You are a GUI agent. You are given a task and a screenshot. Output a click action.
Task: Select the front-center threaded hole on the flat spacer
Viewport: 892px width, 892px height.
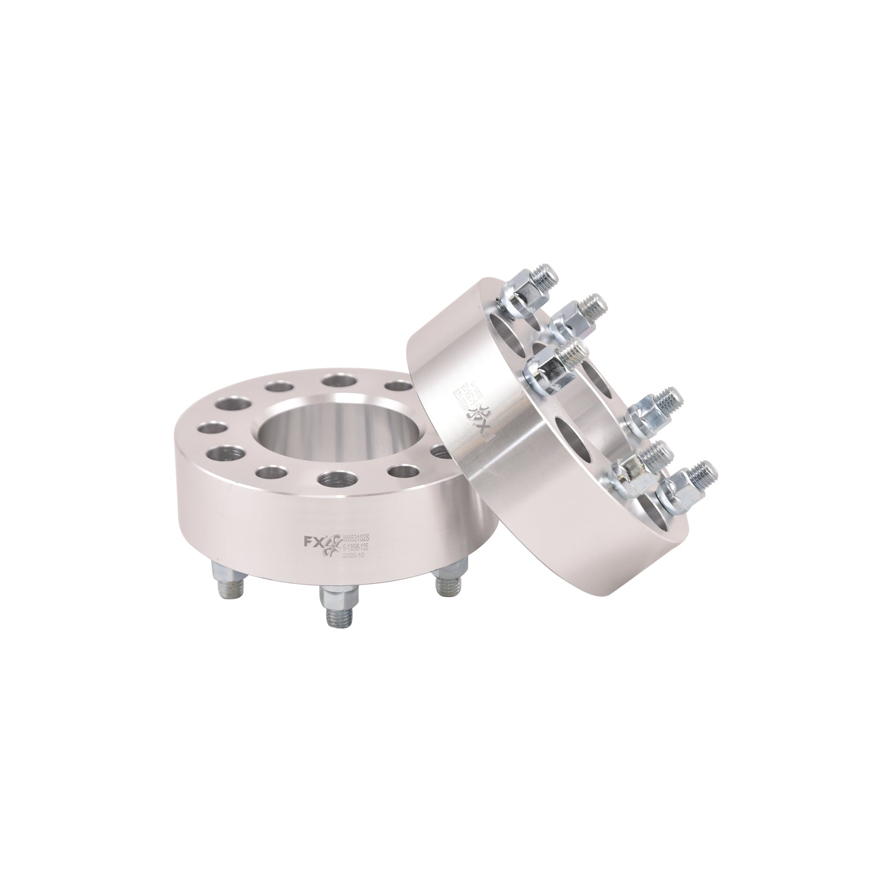pos(337,478)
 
